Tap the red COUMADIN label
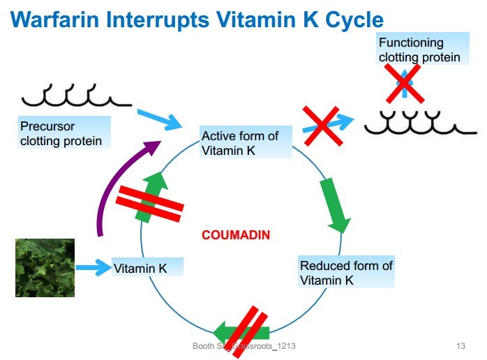(236, 235)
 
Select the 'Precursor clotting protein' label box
(62, 134)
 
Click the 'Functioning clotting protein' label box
(419, 50)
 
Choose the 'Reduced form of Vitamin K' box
(347, 273)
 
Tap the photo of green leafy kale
(45, 267)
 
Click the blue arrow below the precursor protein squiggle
(158, 119)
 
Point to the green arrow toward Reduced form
(336, 205)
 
